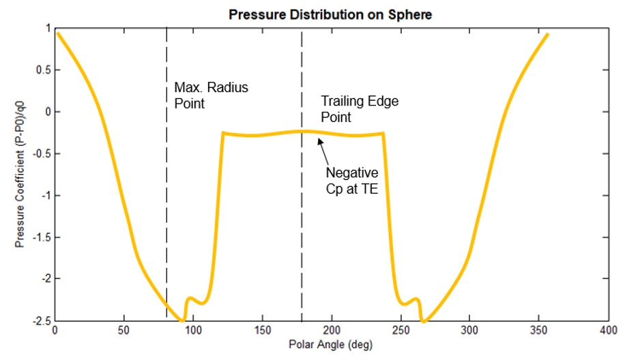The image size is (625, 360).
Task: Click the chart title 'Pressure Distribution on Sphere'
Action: click(x=330, y=14)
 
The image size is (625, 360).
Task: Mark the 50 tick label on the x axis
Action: click(x=124, y=330)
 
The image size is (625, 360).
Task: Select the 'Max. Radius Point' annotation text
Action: click(x=202, y=95)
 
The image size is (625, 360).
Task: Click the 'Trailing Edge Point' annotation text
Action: click(x=360, y=109)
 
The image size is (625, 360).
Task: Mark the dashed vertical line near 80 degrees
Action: click(x=166, y=205)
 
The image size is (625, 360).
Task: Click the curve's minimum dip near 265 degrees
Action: click(x=423, y=320)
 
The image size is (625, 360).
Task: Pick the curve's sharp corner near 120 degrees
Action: click(x=223, y=133)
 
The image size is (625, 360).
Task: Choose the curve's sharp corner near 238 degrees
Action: click(x=383, y=134)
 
